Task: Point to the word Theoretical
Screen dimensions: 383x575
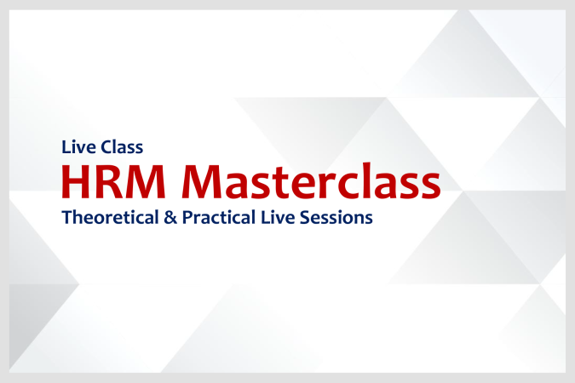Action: [x=107, y=218]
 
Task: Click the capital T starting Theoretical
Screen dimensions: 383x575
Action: [x=66, y=218]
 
